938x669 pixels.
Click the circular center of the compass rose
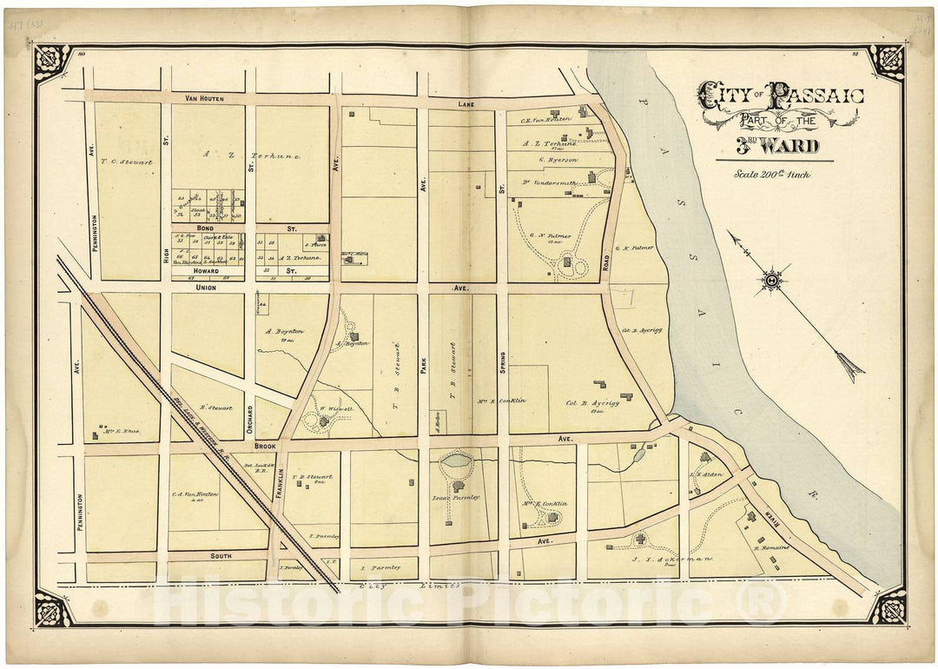tap(770, 281)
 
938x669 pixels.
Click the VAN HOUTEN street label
tap(204, 99)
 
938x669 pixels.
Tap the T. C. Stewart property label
tap(127, 161)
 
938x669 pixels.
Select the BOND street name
tap(205, 228)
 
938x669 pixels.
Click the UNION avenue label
tap(206, 287)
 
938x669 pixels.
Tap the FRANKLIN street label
tap(280, 480)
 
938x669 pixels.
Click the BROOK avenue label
tap(264, 446)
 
